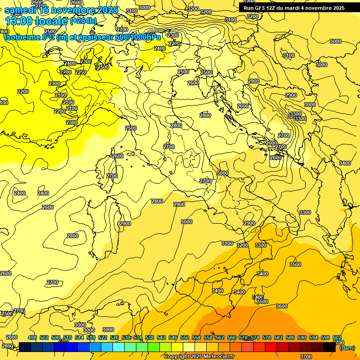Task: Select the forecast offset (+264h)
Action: point(83,21)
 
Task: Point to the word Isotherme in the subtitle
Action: point(22,37)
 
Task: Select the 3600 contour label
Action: point(281,306)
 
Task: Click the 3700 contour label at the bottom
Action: point(306,356)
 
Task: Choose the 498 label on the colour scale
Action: point(32,338)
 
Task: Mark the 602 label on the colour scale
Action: point(337,338)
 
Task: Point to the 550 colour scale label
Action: point(185,338)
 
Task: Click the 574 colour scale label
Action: point(255,338)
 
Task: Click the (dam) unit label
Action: point(347,348)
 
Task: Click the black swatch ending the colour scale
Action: point(330,347)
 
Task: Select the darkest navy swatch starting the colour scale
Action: point(25,347)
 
